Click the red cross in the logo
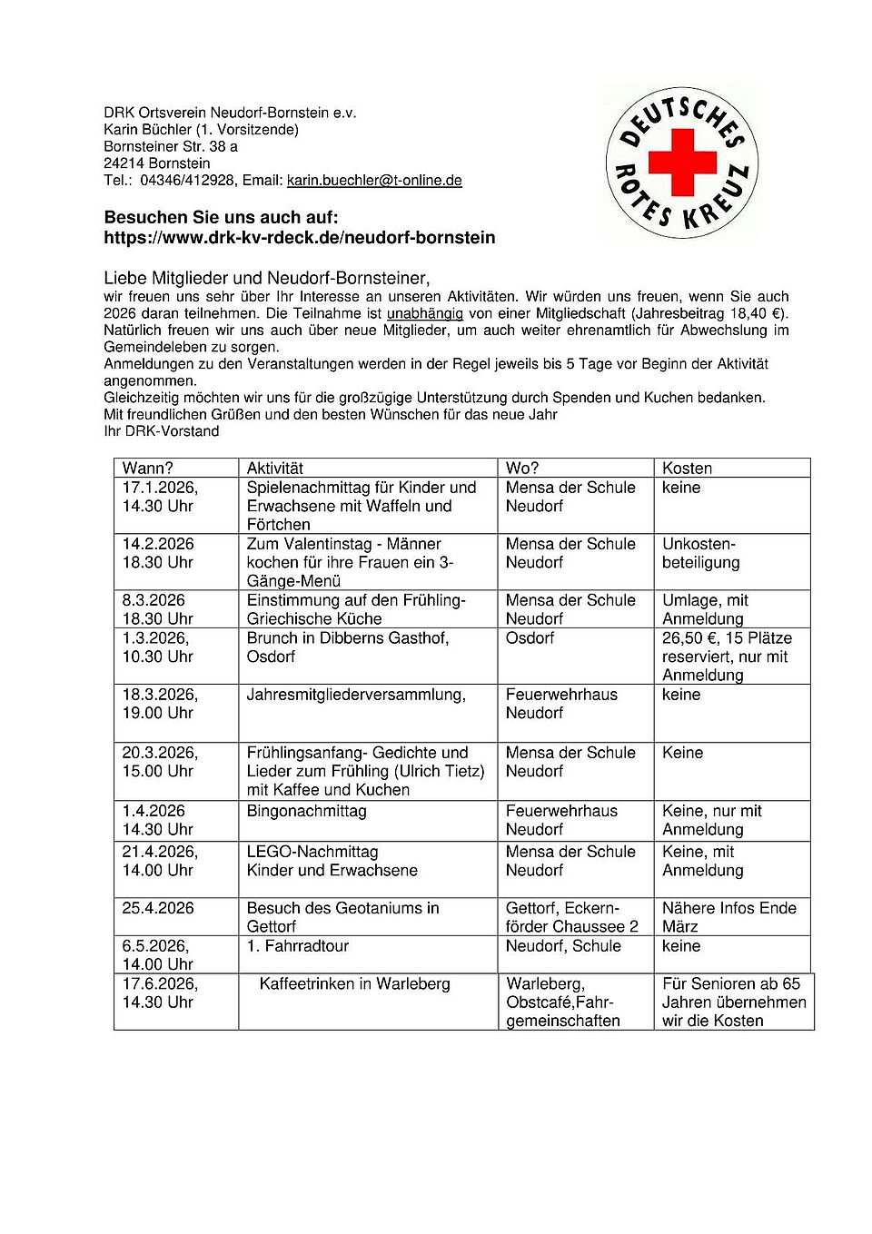click(x=682, y=163)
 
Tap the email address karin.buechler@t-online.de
click(x=374, y=181)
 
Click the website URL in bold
click(x=300, y=238)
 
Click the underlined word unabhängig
click(x=425, y=313)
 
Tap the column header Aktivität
click(x=275, y=469)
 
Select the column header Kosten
click(x=687, y=469)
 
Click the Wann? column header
click(x=148, y=469)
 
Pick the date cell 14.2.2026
click(x=158, y=544)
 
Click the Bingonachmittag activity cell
click(x=307, y=811)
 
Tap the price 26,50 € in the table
click(x=691, y=638)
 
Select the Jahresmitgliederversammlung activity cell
click(x=356, y=695)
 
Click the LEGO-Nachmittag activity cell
click(x=312, y=852)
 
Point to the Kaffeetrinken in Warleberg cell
click(x=354, y=984)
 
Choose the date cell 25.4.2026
click(x=158, y=908)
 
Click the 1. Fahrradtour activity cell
click(x=298, y=946)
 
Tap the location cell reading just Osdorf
click(x=530, y=638)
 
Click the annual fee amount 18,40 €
click(x=751, y=313)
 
